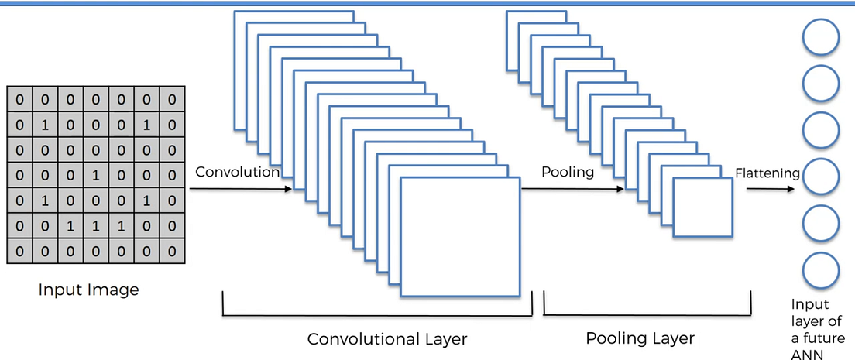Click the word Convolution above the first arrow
click(237, 172)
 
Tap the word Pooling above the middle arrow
click(568, 172)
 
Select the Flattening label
click(767, 173)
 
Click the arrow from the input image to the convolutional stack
click(240, 189)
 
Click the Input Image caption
click(89, 290)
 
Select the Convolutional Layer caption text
click(387, 339)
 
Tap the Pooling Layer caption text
click(640, 338)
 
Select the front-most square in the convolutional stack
click(460, 237)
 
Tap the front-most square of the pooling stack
click(702, 207)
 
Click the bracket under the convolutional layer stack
click(377, 313)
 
